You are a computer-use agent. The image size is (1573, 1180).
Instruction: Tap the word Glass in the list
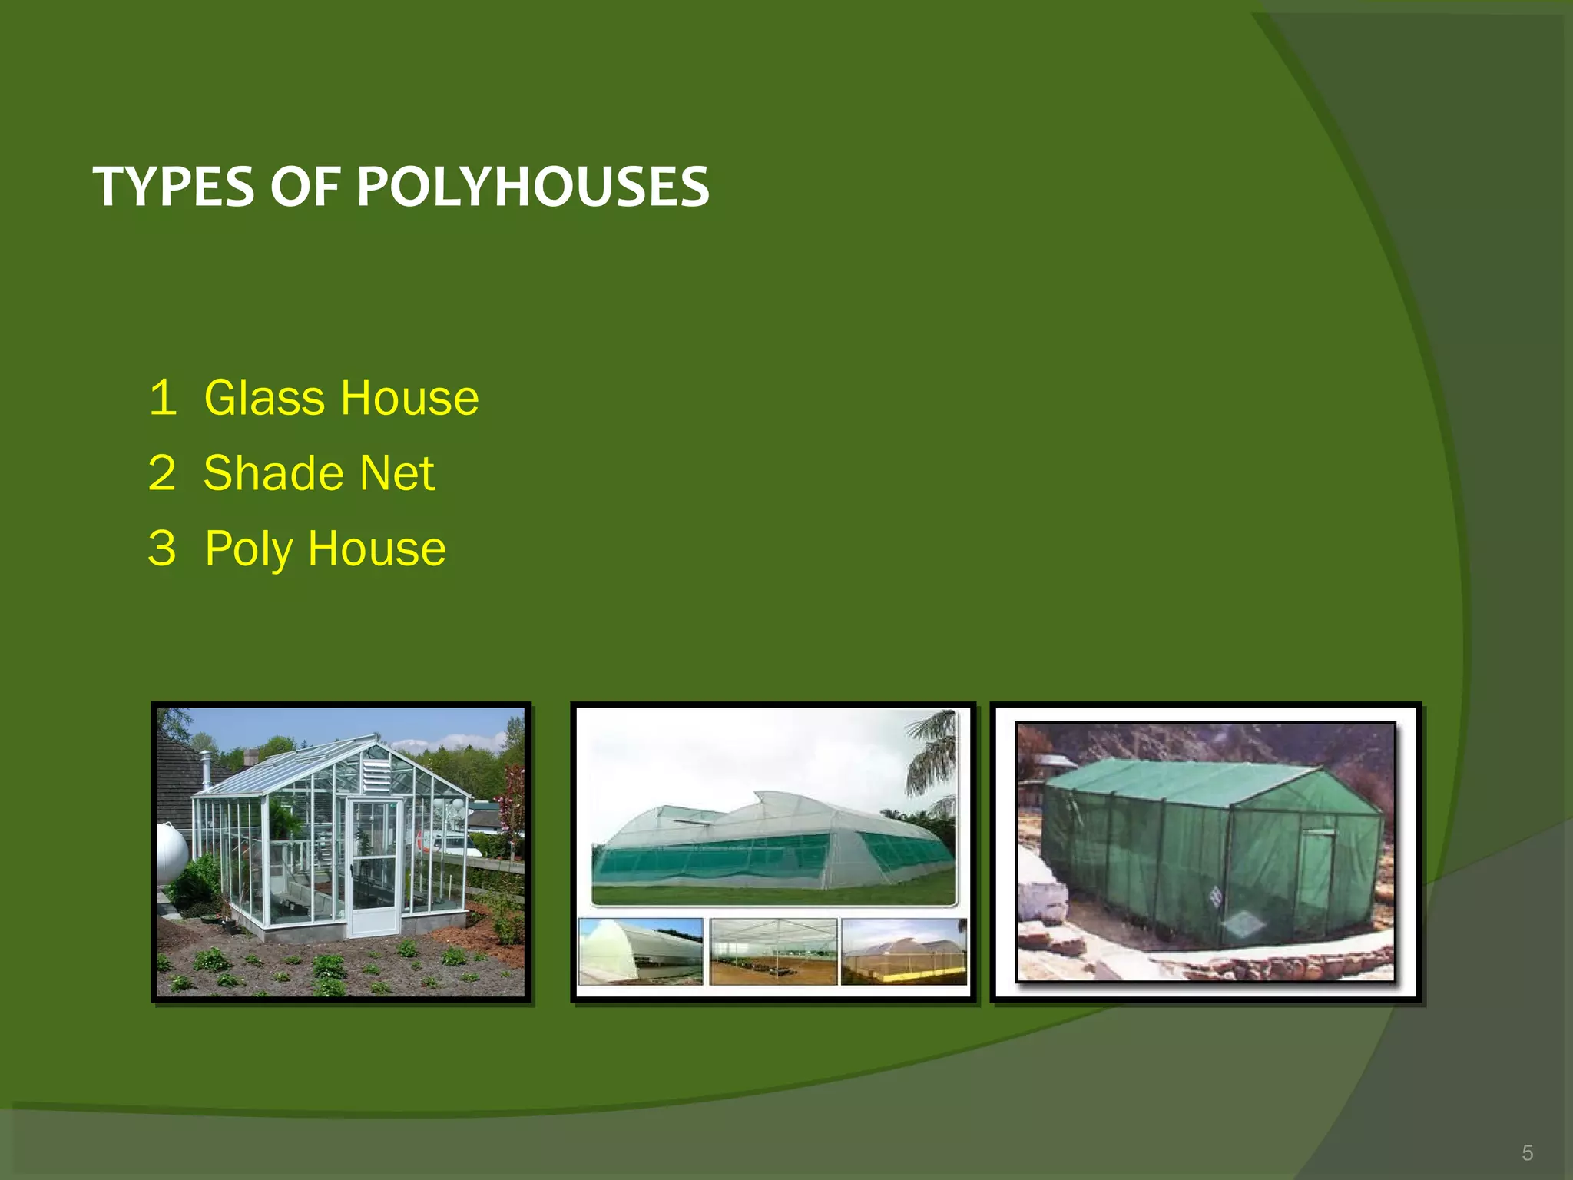click(264, 398)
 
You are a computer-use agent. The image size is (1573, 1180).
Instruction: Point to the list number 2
click(162, 472)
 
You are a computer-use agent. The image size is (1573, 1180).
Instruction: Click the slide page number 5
click(1527, 1152)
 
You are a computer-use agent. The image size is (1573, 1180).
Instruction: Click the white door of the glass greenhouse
click(373, 868)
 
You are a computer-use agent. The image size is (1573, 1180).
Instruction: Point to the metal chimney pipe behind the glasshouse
click(206, 769)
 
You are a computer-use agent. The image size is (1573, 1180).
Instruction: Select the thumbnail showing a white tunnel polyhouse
click(640, 951)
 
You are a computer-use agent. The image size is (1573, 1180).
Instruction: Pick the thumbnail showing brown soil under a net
click(773, 951)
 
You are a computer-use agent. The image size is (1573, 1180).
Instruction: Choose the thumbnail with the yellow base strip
click(904, 951)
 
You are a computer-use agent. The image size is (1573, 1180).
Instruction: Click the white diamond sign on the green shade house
click(1215, 896)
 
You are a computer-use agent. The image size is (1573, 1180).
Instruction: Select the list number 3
click(162, 549)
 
